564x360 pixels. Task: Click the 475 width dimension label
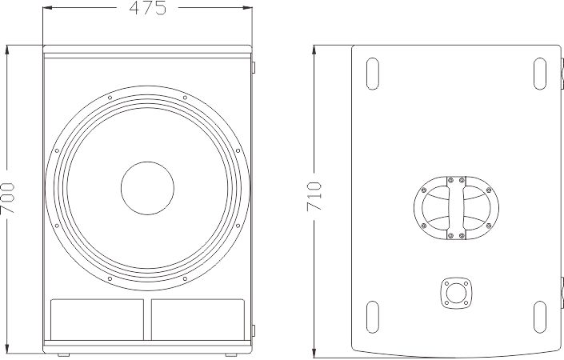tap(148, 8)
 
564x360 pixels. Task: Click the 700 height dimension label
tap(8, 198)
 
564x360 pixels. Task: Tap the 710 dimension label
tap(314, 197)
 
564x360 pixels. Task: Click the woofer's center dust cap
tap(147, 188)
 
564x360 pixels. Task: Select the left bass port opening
tap(97, 319)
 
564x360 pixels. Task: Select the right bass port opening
tap(198, 319)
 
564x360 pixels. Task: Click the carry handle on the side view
tap(456, 208)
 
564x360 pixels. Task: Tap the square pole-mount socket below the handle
tap(456, 293)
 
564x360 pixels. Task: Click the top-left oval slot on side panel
tap(372, 74)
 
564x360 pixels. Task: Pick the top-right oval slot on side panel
tap(540, 74)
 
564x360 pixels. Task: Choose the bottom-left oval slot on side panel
tap(372, 318)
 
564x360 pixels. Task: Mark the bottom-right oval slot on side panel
tap(540, 318)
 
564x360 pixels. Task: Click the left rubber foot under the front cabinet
tap(64, 355)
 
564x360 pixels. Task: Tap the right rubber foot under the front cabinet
tap(231, 355)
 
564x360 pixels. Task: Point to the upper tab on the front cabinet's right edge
tap(254, 67)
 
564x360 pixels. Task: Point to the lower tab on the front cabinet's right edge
tap(254, 330)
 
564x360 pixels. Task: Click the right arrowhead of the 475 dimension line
tap(247, 7)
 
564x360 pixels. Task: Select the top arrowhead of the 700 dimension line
tap(7, 50)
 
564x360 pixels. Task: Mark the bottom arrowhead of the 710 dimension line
tap(314, 353)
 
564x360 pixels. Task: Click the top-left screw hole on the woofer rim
tap(110, 98)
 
